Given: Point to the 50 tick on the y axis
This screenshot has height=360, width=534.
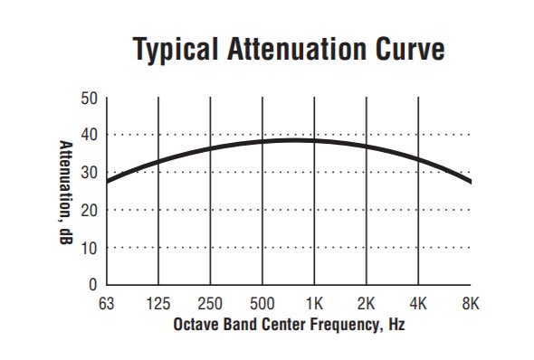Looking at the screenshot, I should coord(90,98).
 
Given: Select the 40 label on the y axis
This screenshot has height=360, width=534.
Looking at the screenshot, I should coord(90,135).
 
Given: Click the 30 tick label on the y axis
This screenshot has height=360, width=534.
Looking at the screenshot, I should coord(90,173).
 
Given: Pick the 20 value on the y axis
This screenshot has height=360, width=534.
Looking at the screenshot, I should coord(90,210).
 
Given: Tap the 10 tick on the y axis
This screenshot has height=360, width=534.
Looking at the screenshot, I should coord(90,247).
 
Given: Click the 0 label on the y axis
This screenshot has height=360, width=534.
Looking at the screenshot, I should coord(93,285).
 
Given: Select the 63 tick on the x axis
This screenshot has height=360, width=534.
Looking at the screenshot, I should coord(107,303).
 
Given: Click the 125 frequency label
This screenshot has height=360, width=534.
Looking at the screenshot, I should coord(158,303).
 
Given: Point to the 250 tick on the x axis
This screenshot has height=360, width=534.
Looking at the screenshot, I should coord(210,303).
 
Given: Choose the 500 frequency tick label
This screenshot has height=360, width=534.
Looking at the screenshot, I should coord(262,303).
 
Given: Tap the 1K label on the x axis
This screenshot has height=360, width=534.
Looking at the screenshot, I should coord(314,303).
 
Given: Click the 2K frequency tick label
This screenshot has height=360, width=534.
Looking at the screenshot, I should coord(367,303).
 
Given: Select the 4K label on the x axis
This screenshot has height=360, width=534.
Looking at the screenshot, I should coord(418,303).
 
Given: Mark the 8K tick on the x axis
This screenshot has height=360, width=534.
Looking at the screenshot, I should coord(470,303).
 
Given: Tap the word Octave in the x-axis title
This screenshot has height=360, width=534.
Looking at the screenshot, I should coord(195,323).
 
